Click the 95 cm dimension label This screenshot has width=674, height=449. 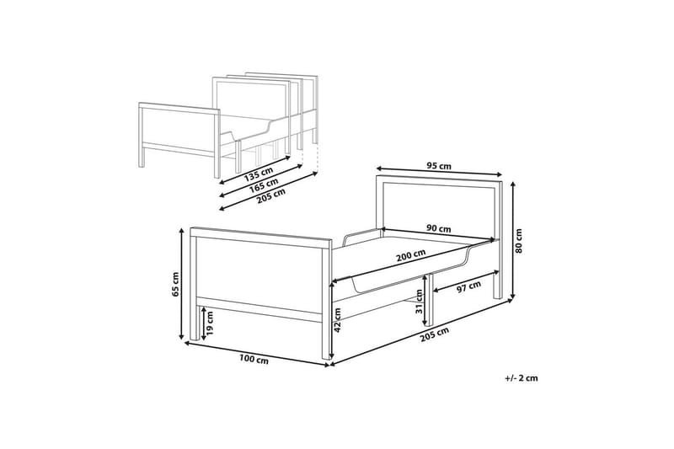click(x=439, y=165)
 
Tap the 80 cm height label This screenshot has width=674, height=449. click(x=519, y=241)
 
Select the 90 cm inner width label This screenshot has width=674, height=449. click(x=438, y=228)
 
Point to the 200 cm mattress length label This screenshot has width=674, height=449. click(x=411, y=255)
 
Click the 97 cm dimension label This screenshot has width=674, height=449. click(x=468, y=286)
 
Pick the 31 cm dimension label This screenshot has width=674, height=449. click(x=419, y=302)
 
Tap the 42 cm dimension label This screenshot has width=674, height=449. click(x=338, y=319)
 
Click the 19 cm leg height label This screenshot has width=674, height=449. click(x=209, y=323)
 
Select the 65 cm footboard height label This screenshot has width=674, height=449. click(x=175, y=284)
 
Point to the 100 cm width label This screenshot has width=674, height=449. click(x=254, y=360)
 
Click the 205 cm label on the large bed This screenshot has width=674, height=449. click(x=435, y=334)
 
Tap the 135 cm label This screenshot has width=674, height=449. click(x=259, y=174)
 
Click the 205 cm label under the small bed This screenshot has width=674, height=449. click(x=270, y=195)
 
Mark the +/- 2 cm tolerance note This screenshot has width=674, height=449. click(x=522, y=378)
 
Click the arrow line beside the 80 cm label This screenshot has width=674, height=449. click(x=512, y=240)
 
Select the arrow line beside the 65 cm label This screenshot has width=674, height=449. click(x=182, y=284)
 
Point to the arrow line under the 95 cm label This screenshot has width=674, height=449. click(x=439, y=170)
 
